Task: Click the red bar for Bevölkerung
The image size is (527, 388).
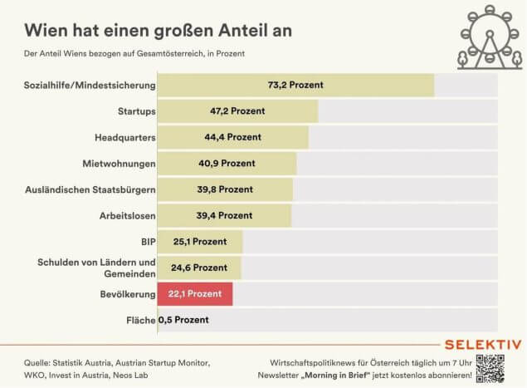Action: (195, 294)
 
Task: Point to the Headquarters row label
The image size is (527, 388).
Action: (120, 137)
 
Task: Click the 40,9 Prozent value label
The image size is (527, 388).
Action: (227, 163)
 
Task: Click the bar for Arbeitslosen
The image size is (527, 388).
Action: (224, 215)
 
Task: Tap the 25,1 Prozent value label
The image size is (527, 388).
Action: (198, 242)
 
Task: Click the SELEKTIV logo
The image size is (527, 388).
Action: (483, 344)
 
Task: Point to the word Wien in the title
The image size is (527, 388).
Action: (46, 29)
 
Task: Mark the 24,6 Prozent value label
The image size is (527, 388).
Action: (198, 268)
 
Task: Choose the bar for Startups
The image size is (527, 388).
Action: (237, 111)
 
